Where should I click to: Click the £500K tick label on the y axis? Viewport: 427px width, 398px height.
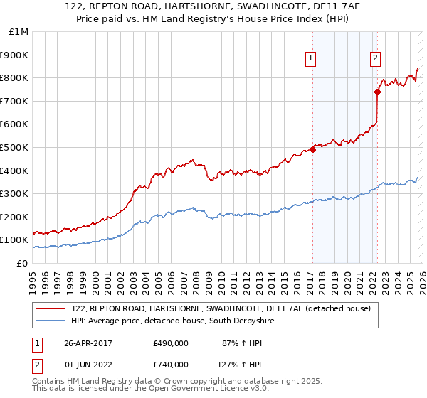click(14, 147)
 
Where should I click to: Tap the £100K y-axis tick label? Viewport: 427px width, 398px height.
click(14, 240)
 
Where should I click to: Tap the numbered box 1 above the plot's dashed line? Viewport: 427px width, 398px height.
click(312, 59)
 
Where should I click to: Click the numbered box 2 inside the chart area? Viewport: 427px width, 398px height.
click(375, 59)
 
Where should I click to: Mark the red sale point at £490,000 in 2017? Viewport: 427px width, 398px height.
click(312, 149)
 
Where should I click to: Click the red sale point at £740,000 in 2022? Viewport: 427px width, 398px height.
click(377, 91)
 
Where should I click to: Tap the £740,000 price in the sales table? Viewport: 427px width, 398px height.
click(170, 365)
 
